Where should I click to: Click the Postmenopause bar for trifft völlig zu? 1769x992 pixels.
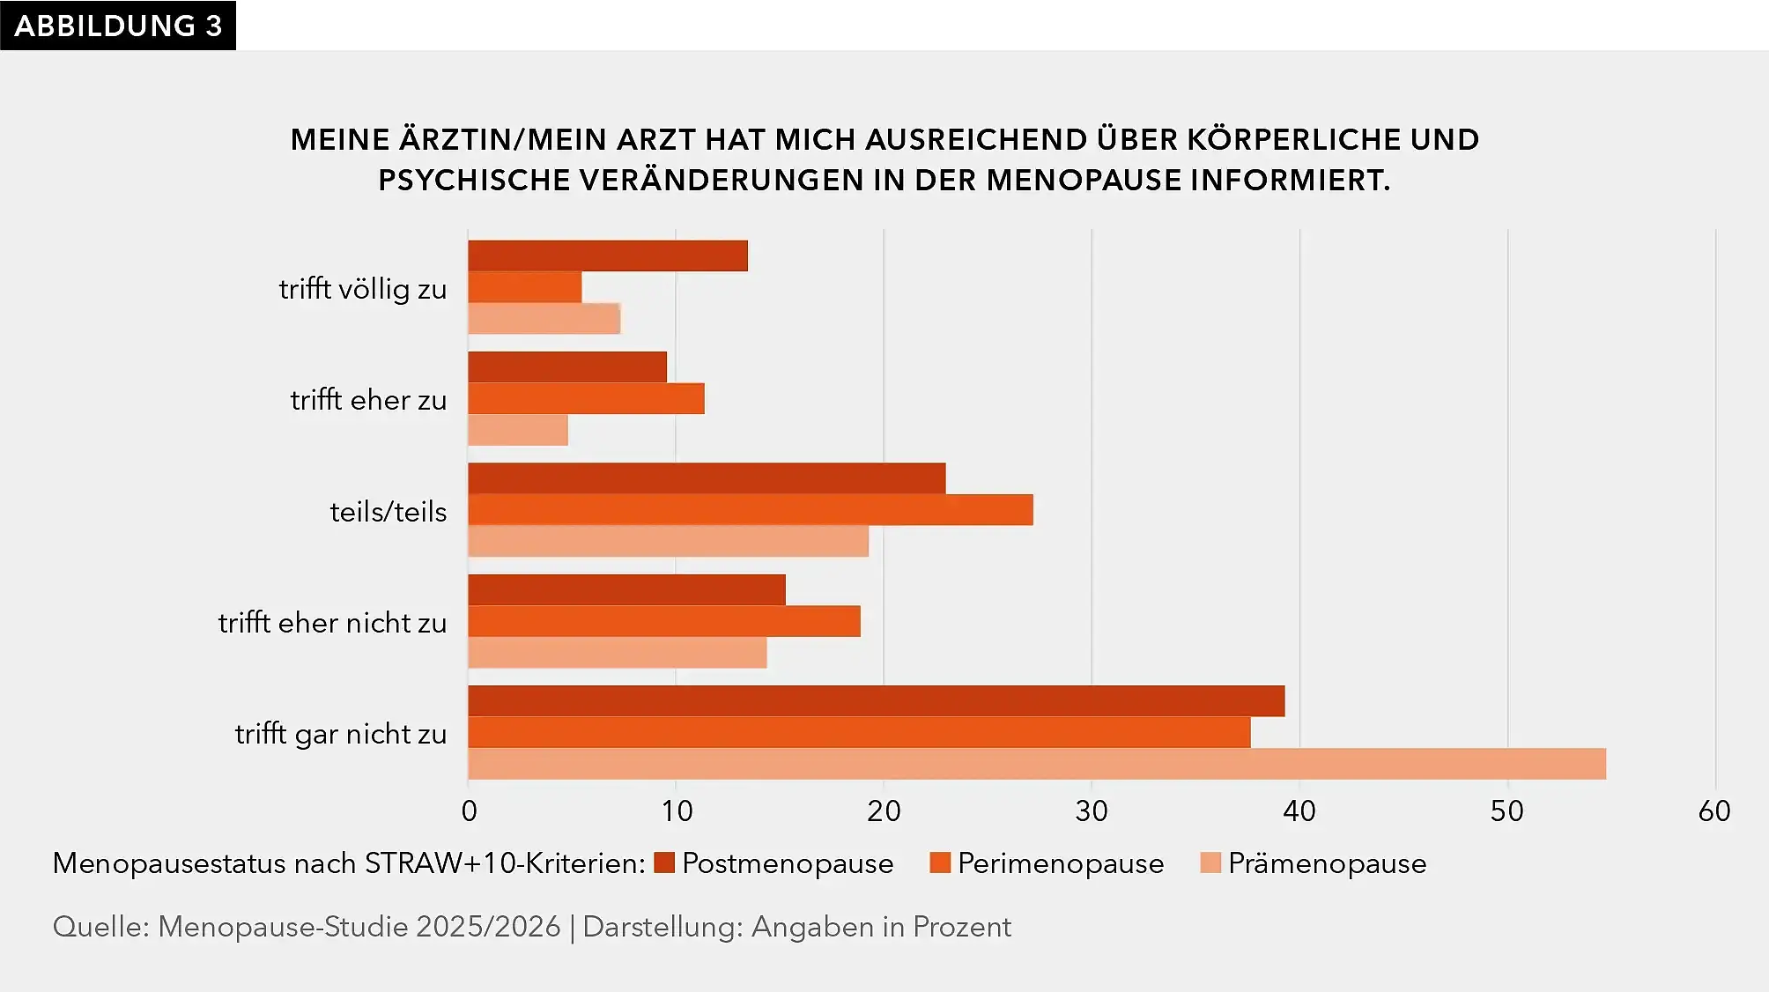[608, 255]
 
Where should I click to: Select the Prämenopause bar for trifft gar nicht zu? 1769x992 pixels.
[1037, 764]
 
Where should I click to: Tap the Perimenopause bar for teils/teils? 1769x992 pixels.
[751, 510]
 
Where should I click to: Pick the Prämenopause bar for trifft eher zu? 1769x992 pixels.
[518, 430]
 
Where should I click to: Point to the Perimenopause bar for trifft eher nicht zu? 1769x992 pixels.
[664, 621]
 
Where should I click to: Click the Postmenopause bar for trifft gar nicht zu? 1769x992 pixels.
[877, 701]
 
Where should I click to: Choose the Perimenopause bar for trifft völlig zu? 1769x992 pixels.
[525, 287]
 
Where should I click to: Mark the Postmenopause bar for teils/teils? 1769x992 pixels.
[707, 478]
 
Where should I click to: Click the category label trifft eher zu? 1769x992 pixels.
[368, 400]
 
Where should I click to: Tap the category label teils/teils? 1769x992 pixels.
[389, 512]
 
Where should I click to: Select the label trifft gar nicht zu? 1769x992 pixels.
[341, 734]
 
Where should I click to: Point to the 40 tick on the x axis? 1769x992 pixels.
[1299, 811]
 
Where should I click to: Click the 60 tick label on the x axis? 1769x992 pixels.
[1714, 811]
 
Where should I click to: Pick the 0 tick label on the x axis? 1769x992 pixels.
[469, 811]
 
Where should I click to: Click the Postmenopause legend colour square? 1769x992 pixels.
[664, 862]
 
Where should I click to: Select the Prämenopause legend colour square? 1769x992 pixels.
[1210, 862]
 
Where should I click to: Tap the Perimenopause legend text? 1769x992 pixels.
[1061, 863]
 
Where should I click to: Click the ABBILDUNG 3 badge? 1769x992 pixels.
[118, 26]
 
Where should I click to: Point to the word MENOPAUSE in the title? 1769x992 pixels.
[1084, 180]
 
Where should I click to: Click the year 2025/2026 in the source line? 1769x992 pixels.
[488, 927]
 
